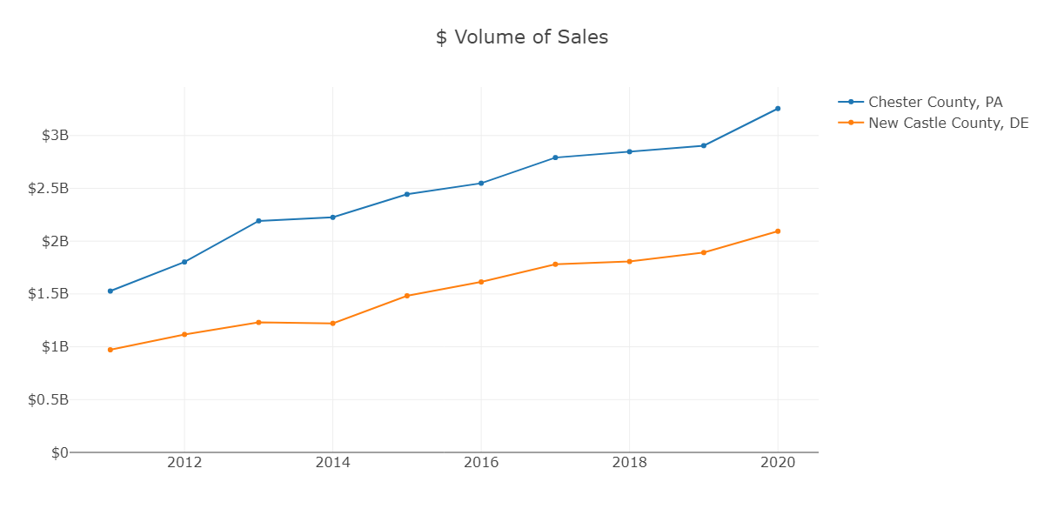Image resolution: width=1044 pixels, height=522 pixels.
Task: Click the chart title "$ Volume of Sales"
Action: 522,37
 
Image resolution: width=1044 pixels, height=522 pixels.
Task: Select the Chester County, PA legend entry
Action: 935,102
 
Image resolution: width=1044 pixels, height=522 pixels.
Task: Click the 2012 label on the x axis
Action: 184,463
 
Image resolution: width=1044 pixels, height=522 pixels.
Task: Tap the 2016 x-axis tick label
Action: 481,463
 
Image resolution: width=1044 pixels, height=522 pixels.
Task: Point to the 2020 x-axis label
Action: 778,463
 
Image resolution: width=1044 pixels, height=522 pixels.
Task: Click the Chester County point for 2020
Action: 778,109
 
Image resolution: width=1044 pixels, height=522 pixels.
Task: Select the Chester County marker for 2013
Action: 258,221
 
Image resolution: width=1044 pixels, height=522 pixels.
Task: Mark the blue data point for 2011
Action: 110,291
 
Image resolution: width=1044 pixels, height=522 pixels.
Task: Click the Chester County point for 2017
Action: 555,157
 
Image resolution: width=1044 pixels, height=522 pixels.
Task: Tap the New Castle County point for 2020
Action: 778,231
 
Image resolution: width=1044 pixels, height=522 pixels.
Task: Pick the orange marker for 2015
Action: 407,296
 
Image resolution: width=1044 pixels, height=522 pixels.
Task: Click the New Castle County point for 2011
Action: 110,350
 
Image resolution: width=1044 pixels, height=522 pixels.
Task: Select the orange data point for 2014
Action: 332,324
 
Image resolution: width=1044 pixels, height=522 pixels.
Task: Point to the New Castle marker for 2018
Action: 629,261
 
